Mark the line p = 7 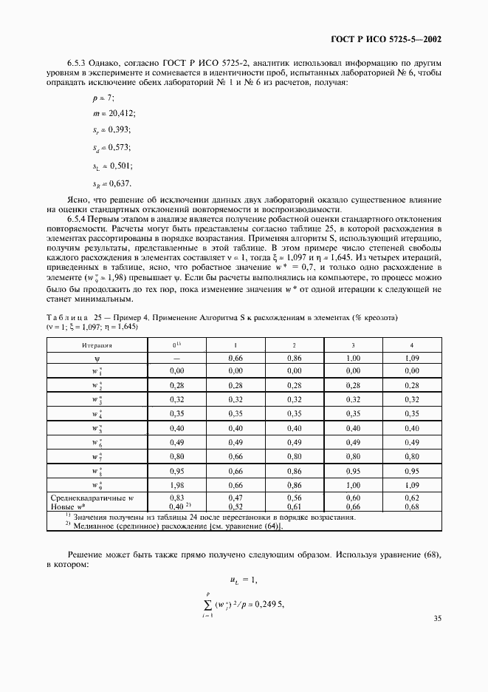tap(103, 98)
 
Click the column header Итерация tap(97, 345)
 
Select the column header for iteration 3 tap(352, 345)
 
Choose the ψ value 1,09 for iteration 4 tap(411, 358)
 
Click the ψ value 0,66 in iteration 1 tap(236, 358)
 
